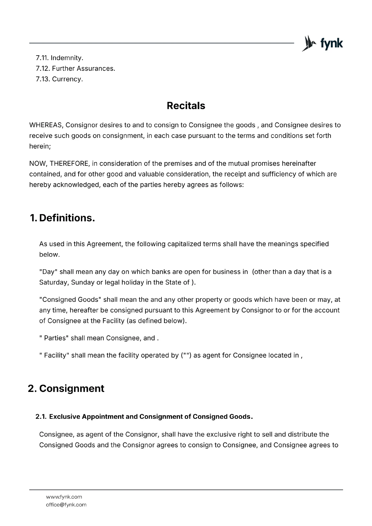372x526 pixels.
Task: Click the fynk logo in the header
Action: click(322, 43)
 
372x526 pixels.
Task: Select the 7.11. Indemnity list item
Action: click(60, 58)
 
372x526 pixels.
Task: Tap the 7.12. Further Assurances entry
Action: click(75, 69)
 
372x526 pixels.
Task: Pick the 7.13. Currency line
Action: click(59, 79)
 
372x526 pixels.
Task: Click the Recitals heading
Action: click(186, 106)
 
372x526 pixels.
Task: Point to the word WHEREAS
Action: click(46, 125)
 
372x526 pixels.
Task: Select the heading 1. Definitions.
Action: click(62, 218)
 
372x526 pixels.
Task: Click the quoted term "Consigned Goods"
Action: click(70, 300)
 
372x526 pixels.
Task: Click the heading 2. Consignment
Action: click(66, 389)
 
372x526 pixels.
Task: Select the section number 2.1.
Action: click(41, 417)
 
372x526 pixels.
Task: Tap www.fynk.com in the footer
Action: click(64, 497)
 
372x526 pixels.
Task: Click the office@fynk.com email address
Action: click(66, 505)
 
